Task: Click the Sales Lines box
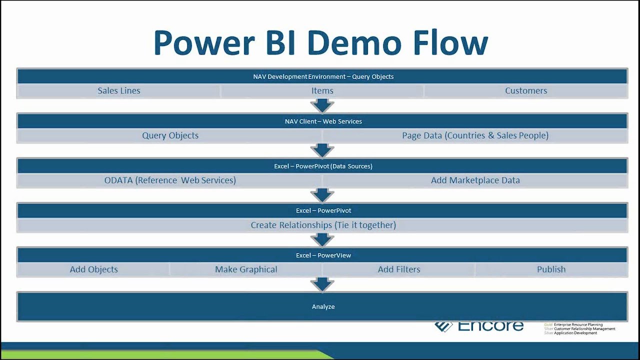(119, 91)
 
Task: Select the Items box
(322, 91)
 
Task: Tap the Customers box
(526, 91)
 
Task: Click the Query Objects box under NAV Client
(170, 135)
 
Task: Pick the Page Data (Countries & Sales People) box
(475, 135)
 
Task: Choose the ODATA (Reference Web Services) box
(170, 180)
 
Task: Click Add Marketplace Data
(475, 180)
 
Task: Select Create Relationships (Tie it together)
(323, 225)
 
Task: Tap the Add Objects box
(93, 269)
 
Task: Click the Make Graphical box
(246, 269)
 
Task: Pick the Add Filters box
(398, 269)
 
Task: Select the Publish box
(551, 269)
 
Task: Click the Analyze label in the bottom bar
(323, 306)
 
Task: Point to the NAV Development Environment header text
(323, 76)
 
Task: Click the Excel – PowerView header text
(323, 255)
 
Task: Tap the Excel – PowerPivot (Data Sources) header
(323, 166)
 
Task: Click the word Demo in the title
(354, 43)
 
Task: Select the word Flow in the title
(449, 43)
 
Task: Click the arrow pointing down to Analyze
(322, 284)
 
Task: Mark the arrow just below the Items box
(322, 105)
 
